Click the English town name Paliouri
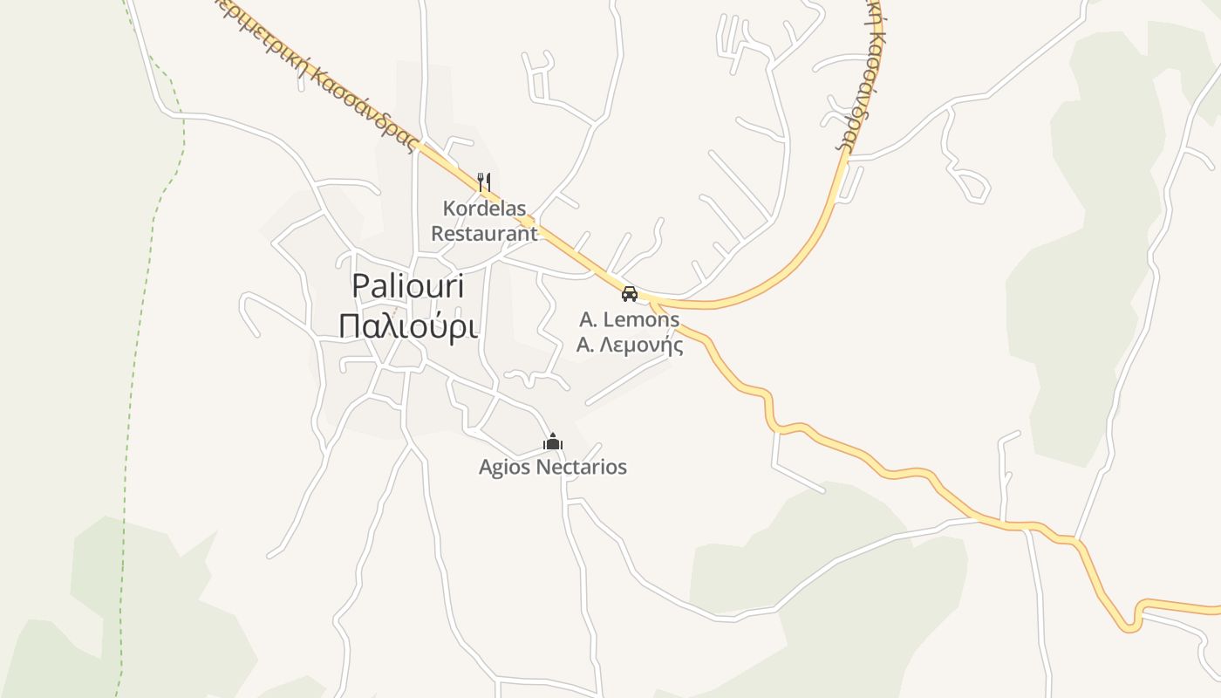coord(408,286)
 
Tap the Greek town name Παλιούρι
coord(408,326)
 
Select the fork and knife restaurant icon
coord(484,182)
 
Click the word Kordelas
coord(484,209)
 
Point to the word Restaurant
coord(484,234)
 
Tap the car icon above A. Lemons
coord(629,294)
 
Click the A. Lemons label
coord(629,320)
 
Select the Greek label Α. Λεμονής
coord(629,346)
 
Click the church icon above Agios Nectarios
coord(552,442)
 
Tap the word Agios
coord(505,468)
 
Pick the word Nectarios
coord(581,468)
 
